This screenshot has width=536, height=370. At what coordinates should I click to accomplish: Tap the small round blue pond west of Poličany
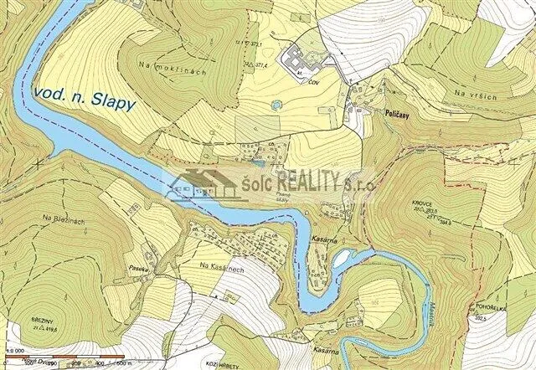[275, 105]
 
